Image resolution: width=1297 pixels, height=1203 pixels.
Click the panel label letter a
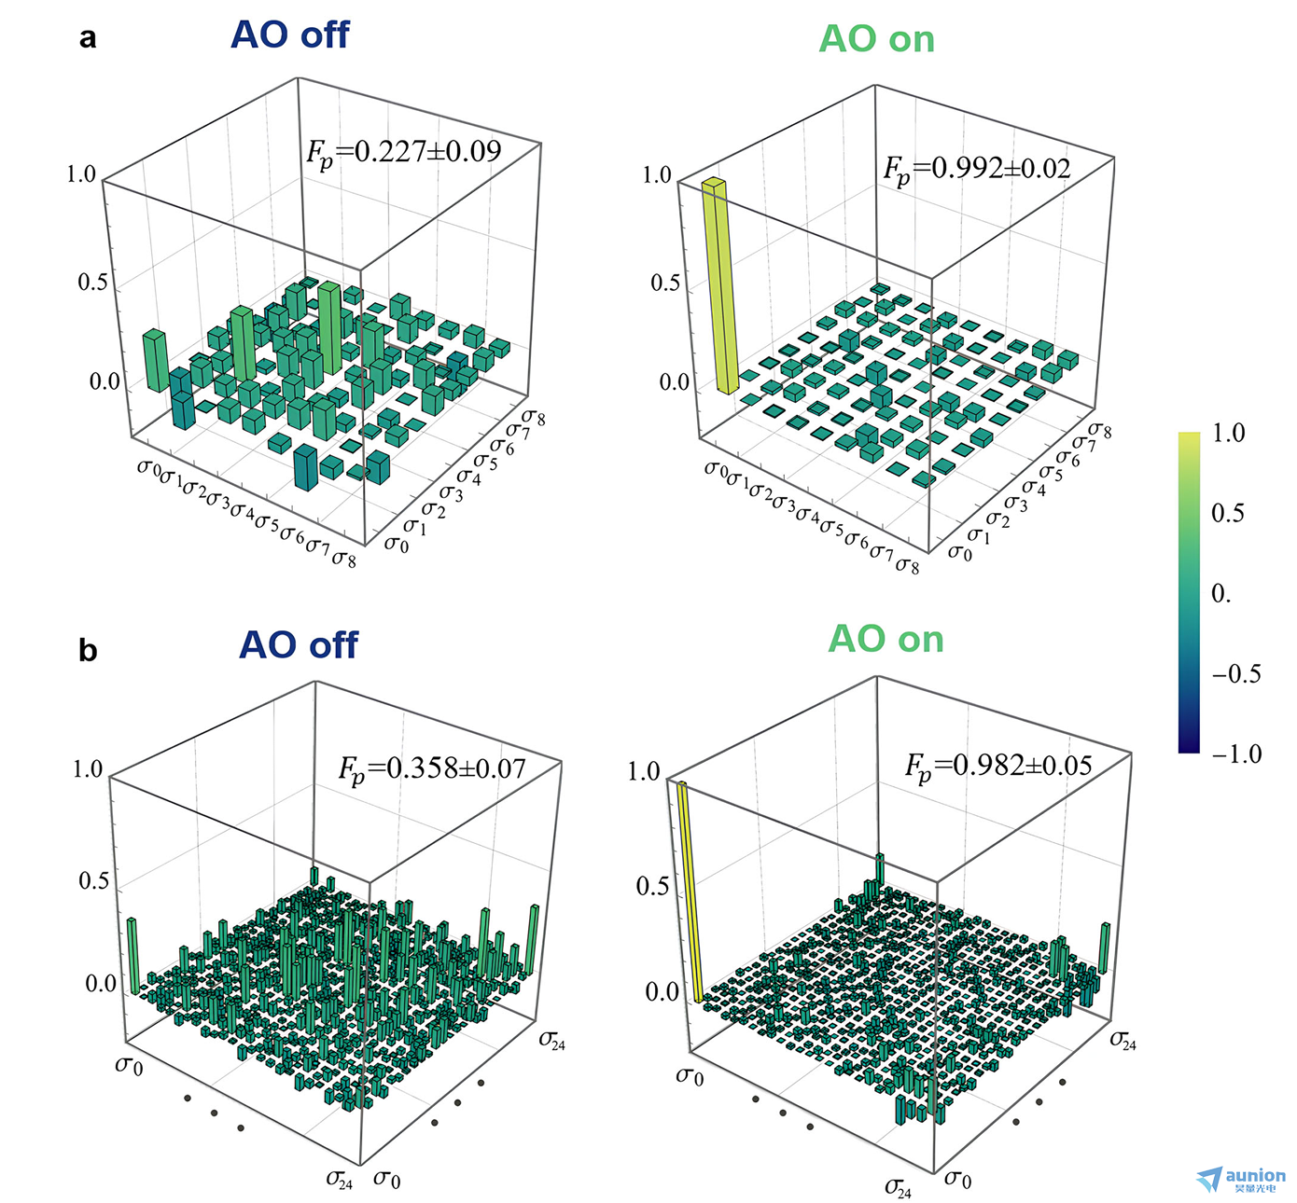[88, 38]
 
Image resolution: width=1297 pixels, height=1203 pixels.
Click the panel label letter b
[88, 650]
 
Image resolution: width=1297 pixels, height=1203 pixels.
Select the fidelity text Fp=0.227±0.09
[403, 152]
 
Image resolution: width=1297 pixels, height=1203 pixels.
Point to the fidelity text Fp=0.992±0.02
[977, 169]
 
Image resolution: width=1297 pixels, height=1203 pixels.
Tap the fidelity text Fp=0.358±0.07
[432, 769]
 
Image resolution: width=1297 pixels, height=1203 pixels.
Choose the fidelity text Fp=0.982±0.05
[998, 767]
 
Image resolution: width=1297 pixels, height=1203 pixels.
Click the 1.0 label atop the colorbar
[1228, 433]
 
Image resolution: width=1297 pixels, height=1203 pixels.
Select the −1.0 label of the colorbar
[1235, 754]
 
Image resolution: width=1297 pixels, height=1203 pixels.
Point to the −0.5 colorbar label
[1235, 673]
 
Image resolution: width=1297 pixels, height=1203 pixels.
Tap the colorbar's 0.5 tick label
[1228, 513]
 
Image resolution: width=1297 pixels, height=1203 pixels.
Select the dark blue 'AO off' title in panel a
[289, 35]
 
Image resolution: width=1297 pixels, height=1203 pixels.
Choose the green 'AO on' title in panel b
[886, 640]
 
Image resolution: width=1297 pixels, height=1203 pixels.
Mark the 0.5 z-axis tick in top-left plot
[92, 282]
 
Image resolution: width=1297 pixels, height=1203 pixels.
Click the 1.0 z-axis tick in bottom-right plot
[643, 772]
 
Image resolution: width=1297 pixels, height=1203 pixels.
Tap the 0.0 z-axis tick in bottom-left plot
[101, 984]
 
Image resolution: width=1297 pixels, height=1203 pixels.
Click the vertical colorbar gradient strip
[1189, 592]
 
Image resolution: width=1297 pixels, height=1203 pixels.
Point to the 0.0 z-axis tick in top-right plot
[674, 382]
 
